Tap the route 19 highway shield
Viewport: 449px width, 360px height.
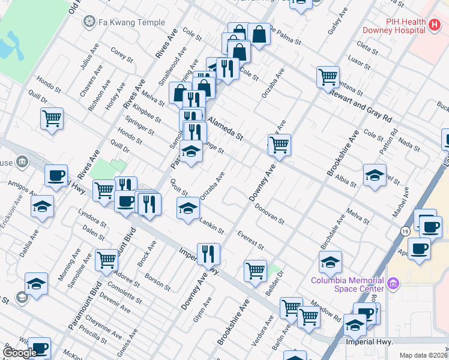(406, 231)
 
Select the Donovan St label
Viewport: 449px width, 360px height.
(270, 213)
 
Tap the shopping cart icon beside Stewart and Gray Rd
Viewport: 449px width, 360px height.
(328, 77)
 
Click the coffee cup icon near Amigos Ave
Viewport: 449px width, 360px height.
(56, 176)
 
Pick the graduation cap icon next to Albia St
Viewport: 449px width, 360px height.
(375, 176)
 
